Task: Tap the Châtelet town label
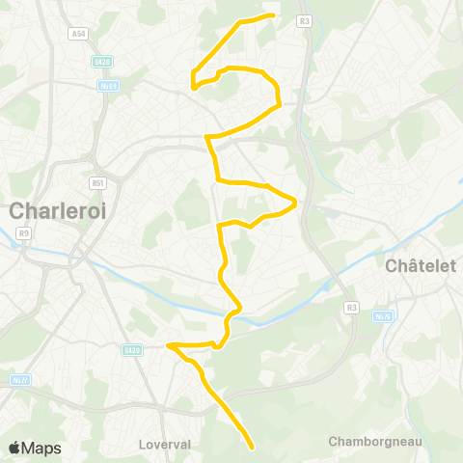[x=420, y=265]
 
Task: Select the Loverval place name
[x=165, y=445]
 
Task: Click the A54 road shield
[x=78, y=34]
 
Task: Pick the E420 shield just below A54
[x=103, y=62]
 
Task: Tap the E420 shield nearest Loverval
[x=132, y=349]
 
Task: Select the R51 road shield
[x=96, y=181]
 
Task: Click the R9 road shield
[x=24, y=232]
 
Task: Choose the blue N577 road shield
[x=18, y=379]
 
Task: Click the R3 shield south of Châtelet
[x=351, y=307]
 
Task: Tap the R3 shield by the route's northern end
[x=305, y=20]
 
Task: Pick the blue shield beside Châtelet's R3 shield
[x=383, y=315]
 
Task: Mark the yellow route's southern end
[x=252, y=448]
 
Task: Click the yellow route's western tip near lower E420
[x=168, y=344]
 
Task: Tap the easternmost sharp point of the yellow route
[x=294, y=203]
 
